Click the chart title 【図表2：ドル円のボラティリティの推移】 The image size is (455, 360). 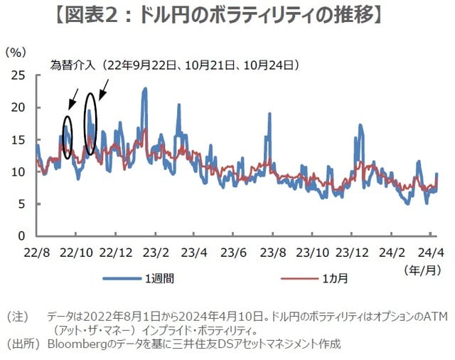click(227, 15)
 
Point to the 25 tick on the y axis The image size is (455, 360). click(22, 75)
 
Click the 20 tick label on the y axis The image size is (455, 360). click(22, 107)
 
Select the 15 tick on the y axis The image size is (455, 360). click(22, 139)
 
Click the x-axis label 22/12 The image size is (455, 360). click(115, 253)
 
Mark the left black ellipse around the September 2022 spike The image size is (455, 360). click(68, 137)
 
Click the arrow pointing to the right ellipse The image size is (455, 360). click(104, 88)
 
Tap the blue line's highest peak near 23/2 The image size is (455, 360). click(145, 89)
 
